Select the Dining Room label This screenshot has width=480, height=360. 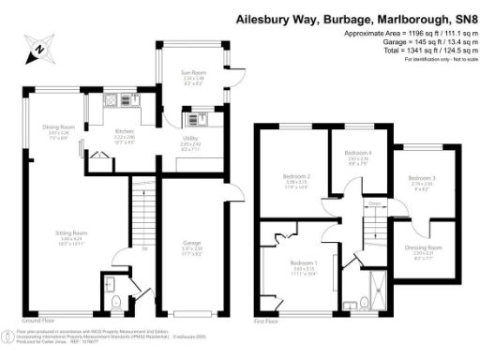pos(57,127)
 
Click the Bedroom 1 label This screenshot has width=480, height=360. pos(303,262)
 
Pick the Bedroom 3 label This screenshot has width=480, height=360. pos(422,177)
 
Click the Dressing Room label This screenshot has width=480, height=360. pos(423,248)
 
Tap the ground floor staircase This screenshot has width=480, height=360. pos(140,216)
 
